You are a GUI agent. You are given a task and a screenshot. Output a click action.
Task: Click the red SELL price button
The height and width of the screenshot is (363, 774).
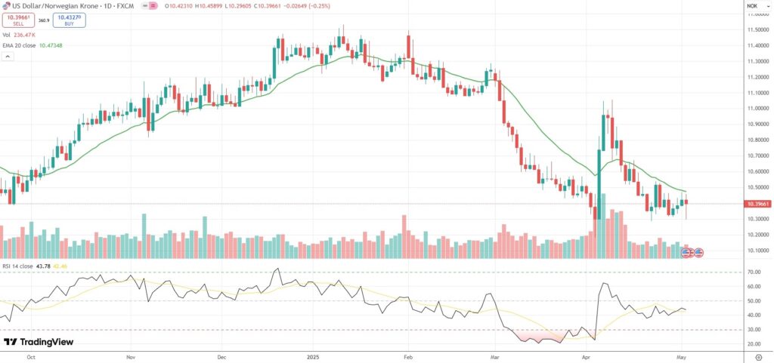pos(18,21)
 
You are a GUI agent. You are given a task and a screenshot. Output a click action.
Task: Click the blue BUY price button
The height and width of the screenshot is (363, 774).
pos(69,21)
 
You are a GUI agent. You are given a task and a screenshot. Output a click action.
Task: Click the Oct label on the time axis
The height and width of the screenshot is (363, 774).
pos(30,353)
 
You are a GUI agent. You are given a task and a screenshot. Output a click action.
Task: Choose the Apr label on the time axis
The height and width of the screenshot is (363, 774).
pos(586,353)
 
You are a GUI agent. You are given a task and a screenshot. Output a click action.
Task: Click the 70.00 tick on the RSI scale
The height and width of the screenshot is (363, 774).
pos(754,272)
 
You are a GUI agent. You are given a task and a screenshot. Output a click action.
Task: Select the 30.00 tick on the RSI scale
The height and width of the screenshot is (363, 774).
pos(754,330)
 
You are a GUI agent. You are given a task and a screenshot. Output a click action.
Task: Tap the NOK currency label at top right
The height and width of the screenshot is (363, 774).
pos(752,6)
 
